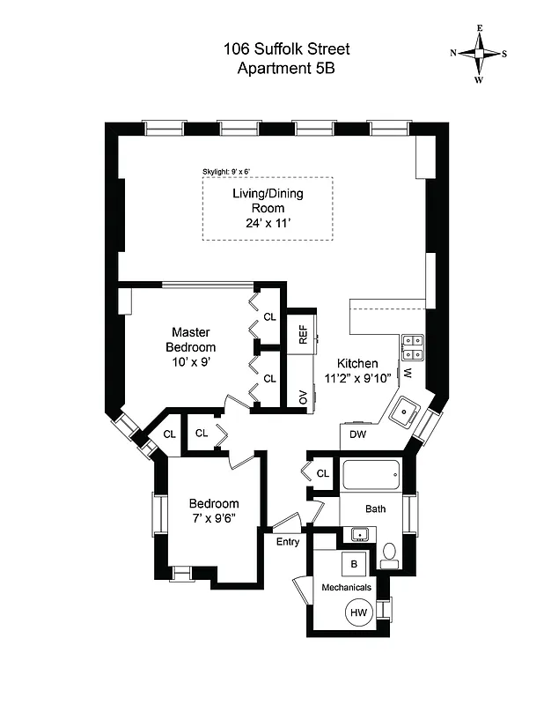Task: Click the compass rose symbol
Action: [x=479, y=53]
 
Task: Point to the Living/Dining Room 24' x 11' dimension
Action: [x=268, y=224]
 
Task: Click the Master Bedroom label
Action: [x=189, y=339]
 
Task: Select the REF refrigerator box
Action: [x=302, y=335]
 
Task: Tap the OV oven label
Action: [x=302, y=397]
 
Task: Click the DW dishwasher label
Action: [x=357, y=434]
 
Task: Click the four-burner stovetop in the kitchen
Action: [x=412, y=348]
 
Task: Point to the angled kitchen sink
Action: [x=407, y=411]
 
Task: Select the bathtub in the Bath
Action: [x=370, y=478]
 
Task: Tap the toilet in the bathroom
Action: [x=389, y=553]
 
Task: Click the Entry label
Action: [x=288, y=541]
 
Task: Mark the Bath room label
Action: [x=376, y=508]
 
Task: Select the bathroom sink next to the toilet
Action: [x=359, y=534]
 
